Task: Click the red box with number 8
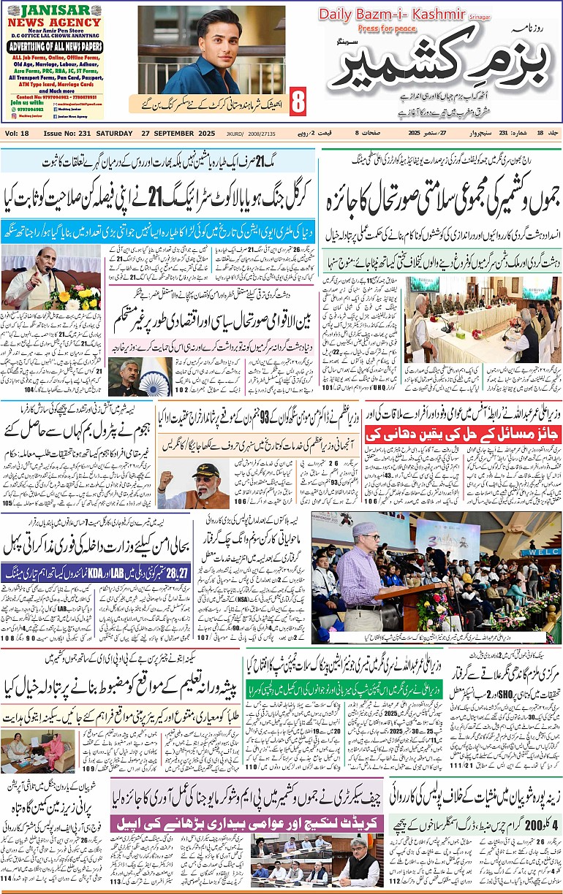pyautogui.click(x=298, y=101)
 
